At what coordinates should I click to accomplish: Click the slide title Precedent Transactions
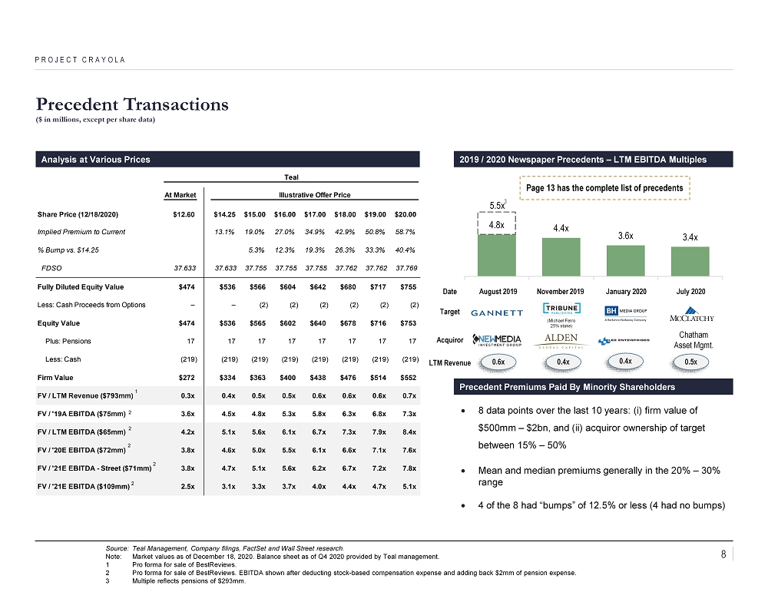pyautogui.click(x=132, y=104)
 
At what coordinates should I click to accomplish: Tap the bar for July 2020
pyautogui.click(x=690, y=260)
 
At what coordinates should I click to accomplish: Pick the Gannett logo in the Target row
pyautogui.click(x=496, y=313)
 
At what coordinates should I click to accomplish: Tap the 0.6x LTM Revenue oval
pyautogui.click(x=498, y=362)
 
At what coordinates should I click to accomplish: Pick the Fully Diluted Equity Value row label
pyautogui.click(x=81, y=287)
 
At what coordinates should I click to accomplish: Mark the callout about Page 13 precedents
pyautogui.click(x=605, y=188)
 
